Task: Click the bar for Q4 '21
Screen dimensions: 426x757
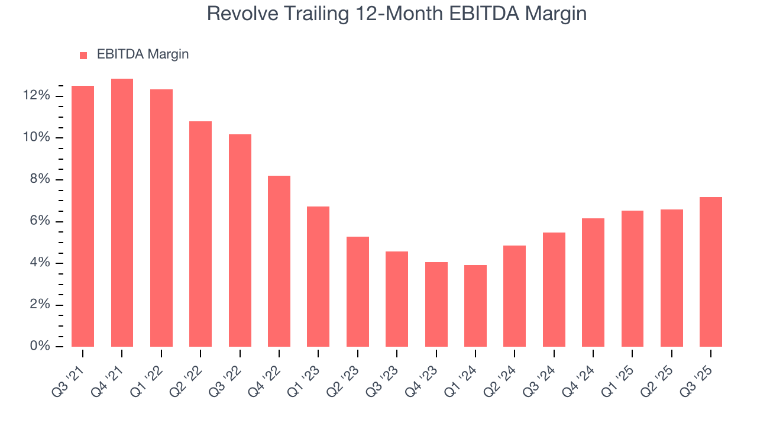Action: [x=122, y=213]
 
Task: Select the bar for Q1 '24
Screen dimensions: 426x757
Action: [x=475, y=306]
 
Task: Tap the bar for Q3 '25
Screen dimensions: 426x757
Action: [x=711, y=272]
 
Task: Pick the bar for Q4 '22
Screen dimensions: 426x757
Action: [x=279, y=262]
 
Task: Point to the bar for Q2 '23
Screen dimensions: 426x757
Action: [x=358, y=292]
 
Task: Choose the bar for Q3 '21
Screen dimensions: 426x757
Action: [x=83, y=217]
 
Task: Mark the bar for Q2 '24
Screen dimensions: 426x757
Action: [x=515, y=296]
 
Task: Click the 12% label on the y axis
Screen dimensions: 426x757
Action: [x=36, y=96]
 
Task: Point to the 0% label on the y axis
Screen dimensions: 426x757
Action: [x=40, y=346]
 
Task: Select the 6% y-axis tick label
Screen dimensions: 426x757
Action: [x=40, y=221]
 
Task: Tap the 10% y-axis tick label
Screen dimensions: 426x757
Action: [x=36, y=138]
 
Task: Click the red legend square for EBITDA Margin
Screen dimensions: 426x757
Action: [x=83, y=56]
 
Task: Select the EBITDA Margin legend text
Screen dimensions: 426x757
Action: [x=143, y=54]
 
